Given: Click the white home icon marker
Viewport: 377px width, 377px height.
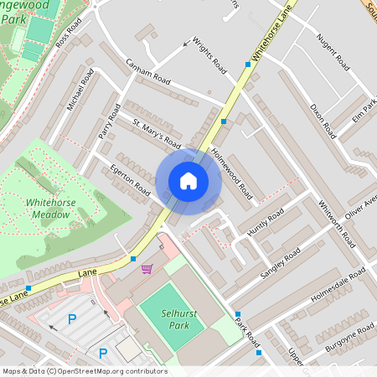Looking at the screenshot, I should point(188,181).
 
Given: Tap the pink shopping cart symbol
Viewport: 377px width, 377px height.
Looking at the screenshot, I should point(147,269).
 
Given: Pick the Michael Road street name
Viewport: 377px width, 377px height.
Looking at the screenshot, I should point(81,90).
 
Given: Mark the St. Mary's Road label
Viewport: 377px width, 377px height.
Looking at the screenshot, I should point(157,132).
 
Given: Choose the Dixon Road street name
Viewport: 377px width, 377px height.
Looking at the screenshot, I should point(323,121).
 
